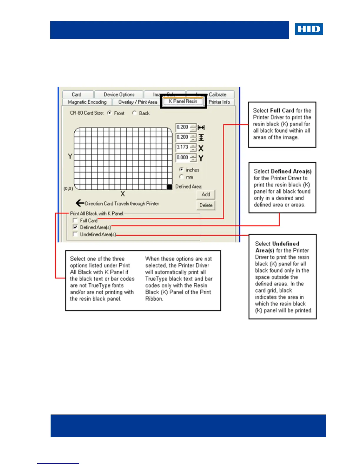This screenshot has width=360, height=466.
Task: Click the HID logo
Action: [309, 29]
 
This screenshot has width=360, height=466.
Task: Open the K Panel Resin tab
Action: [183, 101]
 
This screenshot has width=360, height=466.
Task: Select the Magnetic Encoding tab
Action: [87, 102]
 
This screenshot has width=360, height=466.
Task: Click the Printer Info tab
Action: [219, 102]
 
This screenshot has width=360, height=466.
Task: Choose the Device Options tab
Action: [119, 94]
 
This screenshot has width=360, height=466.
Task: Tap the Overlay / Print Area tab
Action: [138, 102]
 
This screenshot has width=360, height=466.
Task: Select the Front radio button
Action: [109, 113]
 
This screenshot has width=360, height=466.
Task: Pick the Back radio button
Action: [134, 113]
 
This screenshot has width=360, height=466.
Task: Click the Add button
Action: [206, 194]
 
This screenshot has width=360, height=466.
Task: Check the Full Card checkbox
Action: [75, 220]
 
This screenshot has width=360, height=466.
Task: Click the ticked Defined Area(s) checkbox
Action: [75, 227]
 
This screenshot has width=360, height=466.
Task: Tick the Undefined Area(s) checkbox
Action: [75, 234]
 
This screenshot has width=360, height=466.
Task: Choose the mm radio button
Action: [181, 177]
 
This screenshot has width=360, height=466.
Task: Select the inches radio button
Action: [181, 170]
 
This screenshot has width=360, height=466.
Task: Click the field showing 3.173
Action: [183, 147]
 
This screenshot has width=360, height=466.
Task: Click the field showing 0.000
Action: [183, 157]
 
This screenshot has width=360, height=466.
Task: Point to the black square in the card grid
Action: [169, 187]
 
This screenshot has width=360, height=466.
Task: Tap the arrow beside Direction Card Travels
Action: [80, 203]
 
